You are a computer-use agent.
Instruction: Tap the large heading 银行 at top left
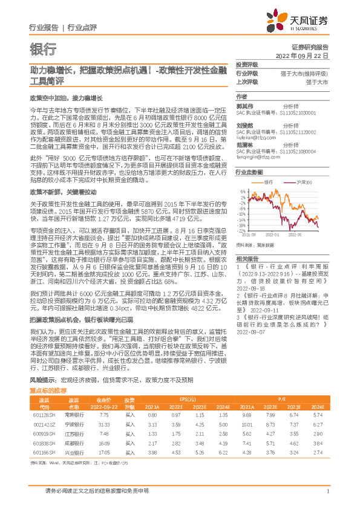43,49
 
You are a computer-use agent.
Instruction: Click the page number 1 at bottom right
327,491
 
